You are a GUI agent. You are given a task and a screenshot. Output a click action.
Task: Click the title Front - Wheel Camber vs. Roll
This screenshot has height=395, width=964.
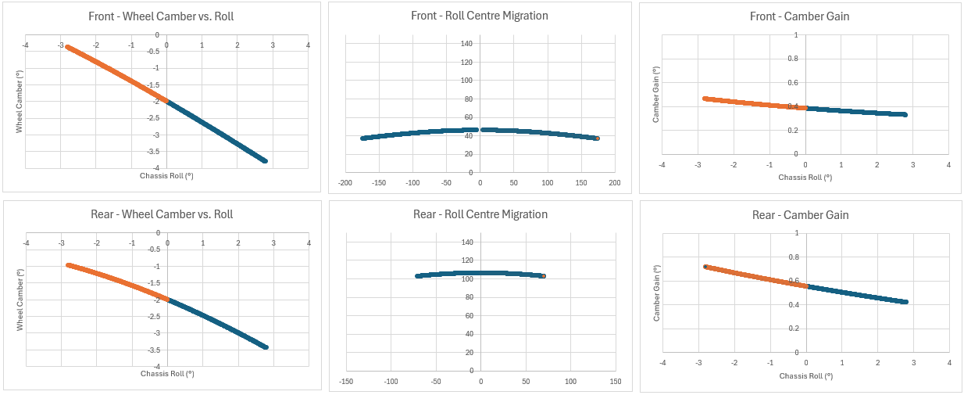point(162,16)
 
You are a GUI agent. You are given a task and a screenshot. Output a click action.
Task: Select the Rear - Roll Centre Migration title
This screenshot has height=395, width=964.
point(480,214)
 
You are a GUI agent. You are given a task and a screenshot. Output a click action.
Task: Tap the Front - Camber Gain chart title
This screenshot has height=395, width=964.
point(800,16)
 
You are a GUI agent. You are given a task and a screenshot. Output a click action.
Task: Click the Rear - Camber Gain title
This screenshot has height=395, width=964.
point(800,215)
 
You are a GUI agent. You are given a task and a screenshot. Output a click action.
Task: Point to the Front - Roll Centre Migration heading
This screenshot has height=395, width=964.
point(480,16)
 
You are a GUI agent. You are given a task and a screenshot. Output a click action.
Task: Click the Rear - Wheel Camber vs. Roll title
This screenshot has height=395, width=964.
point(162,214)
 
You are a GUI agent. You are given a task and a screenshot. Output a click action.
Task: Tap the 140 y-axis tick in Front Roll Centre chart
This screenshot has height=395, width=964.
point(466,43)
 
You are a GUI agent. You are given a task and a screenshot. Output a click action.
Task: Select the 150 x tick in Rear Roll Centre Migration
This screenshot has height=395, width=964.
point(616,382)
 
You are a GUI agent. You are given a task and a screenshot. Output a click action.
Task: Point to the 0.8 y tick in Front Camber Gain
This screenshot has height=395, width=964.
point(793,59)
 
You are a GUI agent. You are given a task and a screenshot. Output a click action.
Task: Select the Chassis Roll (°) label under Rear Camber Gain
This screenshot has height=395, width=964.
point(805,376)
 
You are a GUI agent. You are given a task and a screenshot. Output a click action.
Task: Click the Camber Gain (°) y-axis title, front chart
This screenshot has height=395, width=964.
point(657,96)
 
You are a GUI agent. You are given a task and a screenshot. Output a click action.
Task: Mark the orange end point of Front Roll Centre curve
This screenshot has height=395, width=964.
point(597,138)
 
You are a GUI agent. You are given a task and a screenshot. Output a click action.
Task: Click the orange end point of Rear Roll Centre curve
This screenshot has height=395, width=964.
point(543,276)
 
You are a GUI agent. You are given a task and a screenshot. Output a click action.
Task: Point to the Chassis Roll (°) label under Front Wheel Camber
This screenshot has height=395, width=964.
point(166,174)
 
